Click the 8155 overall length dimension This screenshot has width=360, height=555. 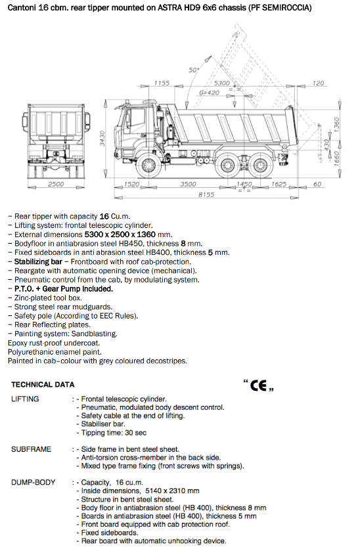(206, 194)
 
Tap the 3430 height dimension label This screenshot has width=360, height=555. (102, 138)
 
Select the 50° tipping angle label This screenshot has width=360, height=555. (194, 70)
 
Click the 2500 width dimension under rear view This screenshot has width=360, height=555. (56, 184)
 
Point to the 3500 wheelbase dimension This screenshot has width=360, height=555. (188, 184)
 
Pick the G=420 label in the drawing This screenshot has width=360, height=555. (209, 93)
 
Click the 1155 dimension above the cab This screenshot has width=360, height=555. (162, 83)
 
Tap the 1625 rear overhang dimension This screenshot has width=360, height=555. (279, 184)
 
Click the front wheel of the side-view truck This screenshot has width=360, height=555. (148, 165)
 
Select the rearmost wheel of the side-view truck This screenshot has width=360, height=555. (261, 165)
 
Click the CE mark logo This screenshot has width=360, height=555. (259, 386)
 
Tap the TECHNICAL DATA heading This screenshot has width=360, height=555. (43, 385)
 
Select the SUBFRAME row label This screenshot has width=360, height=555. (31, 449)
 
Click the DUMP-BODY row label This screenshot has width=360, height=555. (34, 483)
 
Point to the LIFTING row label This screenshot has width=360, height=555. (25, 399)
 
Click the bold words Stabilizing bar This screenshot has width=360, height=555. (38, 262)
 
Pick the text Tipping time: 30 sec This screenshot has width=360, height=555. (114, 433)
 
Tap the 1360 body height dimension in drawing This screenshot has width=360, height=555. (336, 124)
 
